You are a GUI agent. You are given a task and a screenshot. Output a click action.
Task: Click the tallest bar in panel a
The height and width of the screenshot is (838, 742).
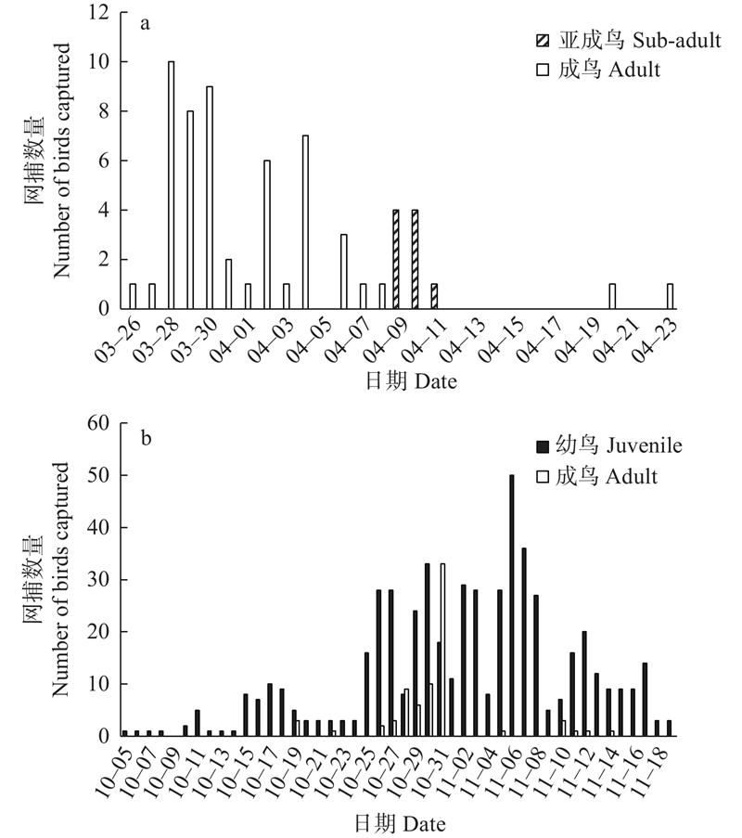point(171,185)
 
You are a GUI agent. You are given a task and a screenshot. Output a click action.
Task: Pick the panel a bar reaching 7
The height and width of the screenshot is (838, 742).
point(305,222)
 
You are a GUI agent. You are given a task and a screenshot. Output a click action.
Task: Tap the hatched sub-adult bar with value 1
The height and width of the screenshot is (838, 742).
point(434,296)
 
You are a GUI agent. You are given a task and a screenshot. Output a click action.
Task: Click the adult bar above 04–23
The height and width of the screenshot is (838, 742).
point(670,296)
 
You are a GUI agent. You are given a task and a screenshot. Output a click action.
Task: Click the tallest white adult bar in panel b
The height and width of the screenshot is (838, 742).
point(442,650)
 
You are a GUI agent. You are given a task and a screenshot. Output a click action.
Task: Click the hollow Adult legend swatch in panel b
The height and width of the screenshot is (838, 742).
point(543,476)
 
